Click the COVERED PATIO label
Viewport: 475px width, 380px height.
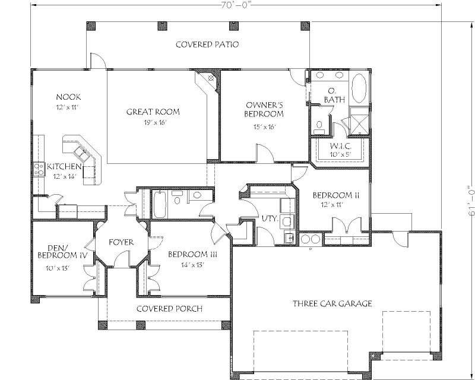click(x=207, y=45)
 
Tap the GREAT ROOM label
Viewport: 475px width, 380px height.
click(x=153, y=112)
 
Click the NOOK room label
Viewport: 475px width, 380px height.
click(x=68, y=97)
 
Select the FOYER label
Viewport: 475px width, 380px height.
click(x=121, y=242)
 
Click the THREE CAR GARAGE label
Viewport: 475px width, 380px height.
click(x=332, y=303)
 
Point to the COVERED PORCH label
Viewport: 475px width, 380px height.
click(x=169, y=309)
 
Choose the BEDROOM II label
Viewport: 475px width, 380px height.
click(x=332, y=195)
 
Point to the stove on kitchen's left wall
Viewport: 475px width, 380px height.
click(x=39, y=169)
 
